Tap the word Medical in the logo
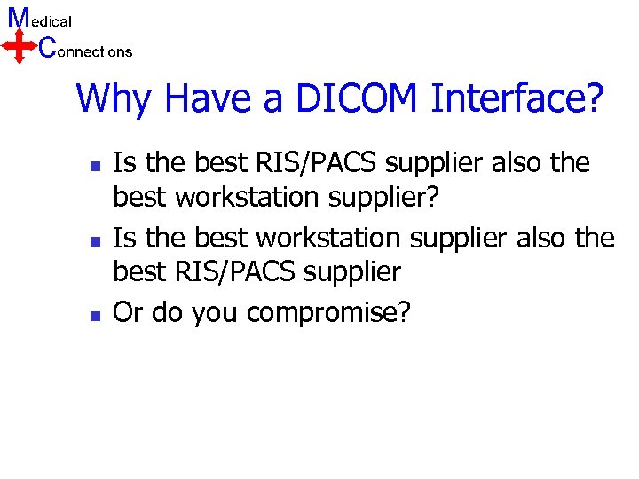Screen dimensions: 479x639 pyautogui.click(x=40, y=19)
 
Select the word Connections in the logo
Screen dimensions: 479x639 pyautogui.click(x=86, y=50)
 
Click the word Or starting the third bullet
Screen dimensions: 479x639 pyautogui.click(x=129, y=312)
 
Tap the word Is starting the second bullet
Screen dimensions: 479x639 pyautogui.click(x=124, y=238)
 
